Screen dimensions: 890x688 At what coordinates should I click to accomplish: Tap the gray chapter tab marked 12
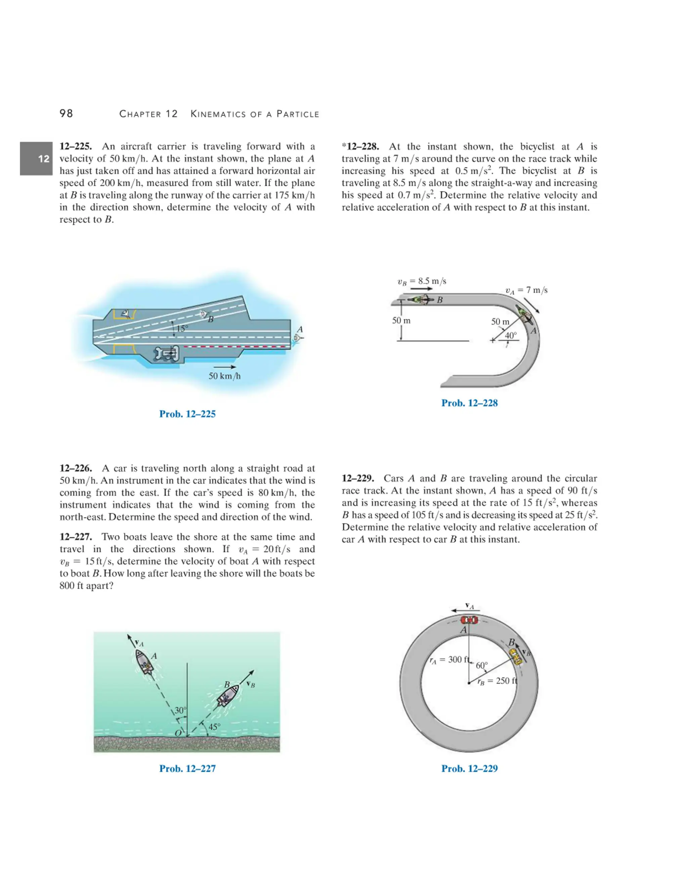[37, 159]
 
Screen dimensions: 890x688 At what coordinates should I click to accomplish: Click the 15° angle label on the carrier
[182, 328]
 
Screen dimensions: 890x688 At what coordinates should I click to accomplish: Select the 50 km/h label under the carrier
[225, 376]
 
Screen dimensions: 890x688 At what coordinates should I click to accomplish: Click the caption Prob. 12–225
[187, 414]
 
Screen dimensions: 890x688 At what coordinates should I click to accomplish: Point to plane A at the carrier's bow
[299, 338]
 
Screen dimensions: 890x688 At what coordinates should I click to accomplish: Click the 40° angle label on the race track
[510, 336]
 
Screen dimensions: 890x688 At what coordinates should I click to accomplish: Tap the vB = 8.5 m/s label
[422, 281]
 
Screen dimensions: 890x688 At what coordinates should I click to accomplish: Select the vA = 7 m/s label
[526, 290]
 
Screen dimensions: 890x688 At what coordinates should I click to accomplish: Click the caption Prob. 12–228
[470, 403]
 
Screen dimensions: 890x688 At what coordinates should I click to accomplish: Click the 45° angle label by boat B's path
[214, 726]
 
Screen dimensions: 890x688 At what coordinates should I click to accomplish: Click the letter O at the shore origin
[178, 733]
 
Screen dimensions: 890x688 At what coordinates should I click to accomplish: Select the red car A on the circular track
[469, 620]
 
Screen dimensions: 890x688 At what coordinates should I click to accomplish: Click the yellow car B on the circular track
[516, 657]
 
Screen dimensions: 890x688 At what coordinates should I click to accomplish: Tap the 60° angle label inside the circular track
[481, 665]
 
